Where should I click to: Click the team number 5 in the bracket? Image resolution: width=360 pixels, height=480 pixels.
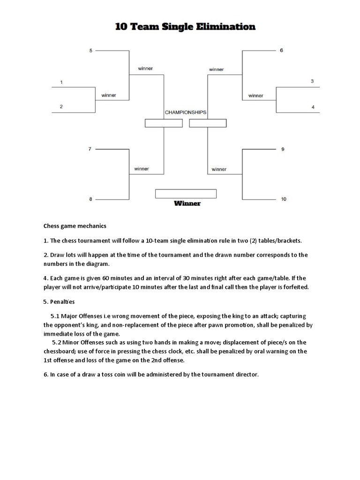point(90,50)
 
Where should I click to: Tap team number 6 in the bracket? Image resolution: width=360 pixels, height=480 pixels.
point(281,50)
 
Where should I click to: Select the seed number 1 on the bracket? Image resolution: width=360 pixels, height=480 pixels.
point(61,82)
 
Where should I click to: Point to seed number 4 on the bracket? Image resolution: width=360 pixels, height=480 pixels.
point(313,107)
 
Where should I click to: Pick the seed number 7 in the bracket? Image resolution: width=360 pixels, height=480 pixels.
point(90,149)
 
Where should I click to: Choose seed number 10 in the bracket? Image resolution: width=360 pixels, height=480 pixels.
point(284,199)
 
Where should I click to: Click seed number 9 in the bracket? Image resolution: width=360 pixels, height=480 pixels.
point(282,149)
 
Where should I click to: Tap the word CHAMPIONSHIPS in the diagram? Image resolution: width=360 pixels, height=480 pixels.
point(186,112)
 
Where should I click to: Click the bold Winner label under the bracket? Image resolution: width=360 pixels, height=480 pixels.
point(187,203)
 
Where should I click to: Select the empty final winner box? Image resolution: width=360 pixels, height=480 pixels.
point(186,194)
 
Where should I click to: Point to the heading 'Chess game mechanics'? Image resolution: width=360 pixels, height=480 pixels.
point(75,226)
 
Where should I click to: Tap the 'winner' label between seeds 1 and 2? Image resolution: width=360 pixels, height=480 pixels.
point(109,95)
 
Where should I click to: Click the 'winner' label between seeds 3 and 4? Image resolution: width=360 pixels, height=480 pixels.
point(255,96)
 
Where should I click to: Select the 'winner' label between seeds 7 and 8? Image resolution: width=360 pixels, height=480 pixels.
point(141,169)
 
